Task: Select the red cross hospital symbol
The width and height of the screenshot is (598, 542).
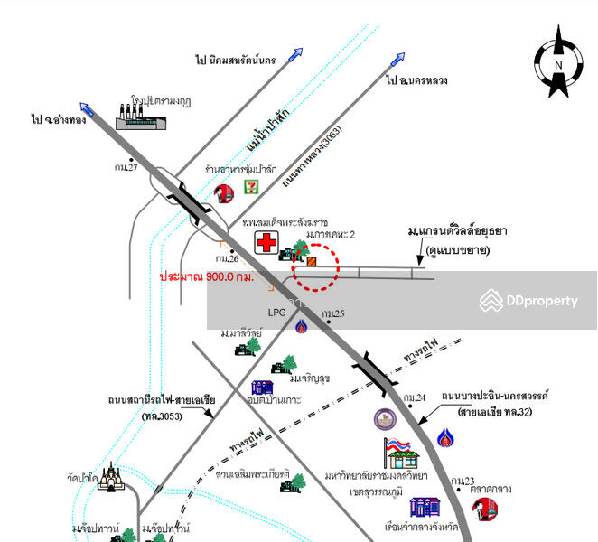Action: tap(266, 243)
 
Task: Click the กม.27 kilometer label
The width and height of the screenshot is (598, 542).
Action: tap(126, 166)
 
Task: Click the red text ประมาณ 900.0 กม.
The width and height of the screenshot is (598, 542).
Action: tap(206, 276)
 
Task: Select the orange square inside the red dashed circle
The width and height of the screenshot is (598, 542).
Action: tap(312, 262)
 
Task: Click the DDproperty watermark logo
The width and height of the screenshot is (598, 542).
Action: tap(528, 300)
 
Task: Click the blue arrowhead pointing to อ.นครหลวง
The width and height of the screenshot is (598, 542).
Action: tap(397, 59)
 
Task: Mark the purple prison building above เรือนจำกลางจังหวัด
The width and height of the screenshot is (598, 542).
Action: tap(424, 508)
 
